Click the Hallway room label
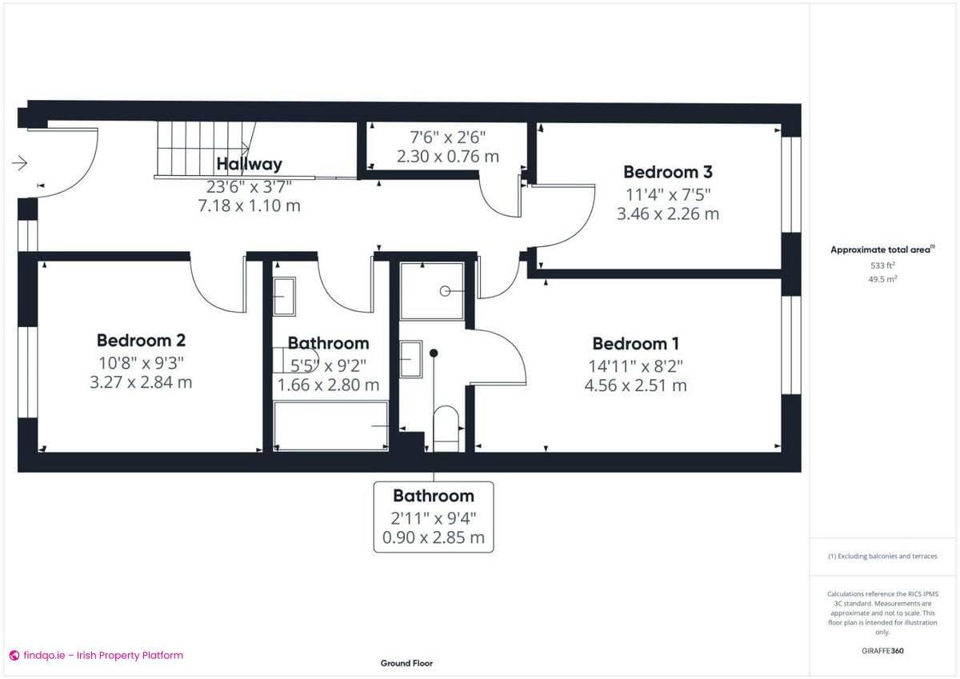[249, 164]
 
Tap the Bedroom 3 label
[668, 172]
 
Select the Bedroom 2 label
[141, 341]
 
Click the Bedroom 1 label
[635, 344]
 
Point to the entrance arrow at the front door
[20, 163]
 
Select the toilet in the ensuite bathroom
[445, 428]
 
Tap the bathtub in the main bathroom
[330, 426]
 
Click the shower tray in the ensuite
[432, 291]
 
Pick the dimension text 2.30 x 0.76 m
[447, 157]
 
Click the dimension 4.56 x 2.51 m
[635, 385]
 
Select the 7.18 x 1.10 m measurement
[249, 206]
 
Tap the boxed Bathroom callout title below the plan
[434, 496]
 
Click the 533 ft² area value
[882, 265]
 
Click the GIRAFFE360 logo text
[882, 651]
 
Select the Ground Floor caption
[406, 663]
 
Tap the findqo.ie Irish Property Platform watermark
[96, 655]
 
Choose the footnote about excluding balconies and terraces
[882, 556]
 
